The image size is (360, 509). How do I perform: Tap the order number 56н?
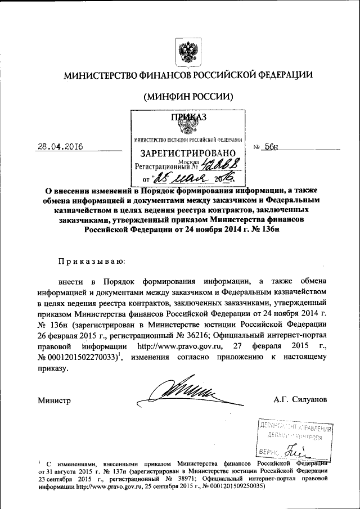pyautogui.click(x=273, y=146)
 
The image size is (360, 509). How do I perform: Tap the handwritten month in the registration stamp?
pyautogui.click(x=182, y=179)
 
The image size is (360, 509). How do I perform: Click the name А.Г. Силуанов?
pyautogui.click(x=299, y=400)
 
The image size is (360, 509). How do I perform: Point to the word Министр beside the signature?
pyautogui.click(x=54, y=400)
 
